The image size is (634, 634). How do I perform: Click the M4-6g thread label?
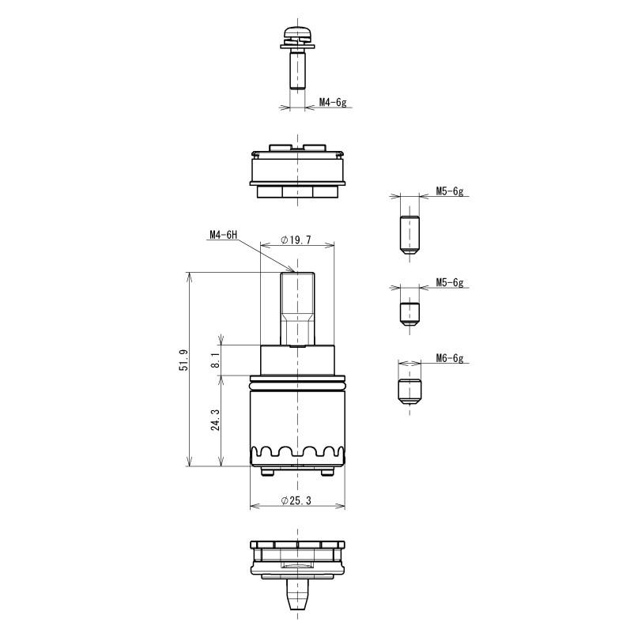pyautogui.click(x=333, y=102)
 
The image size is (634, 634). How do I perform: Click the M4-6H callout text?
pyautogui.click(x=223, y=235)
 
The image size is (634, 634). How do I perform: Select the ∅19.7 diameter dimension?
pyautogui.click(x=296, y=240)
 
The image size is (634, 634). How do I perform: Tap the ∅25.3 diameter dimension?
pyautogui.click(x=296, y=500)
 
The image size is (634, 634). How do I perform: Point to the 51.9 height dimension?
pyautogui.click(x=184, y=360)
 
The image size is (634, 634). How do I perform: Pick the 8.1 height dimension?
pyautogui.click(x=216, y=360)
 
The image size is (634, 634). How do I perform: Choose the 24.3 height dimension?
pyautogui.click(x=216, y=420)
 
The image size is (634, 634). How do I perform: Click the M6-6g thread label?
pyautogui.click(x=450, y=358)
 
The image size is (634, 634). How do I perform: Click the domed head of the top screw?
pyautogui.click(x=297, y=32)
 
